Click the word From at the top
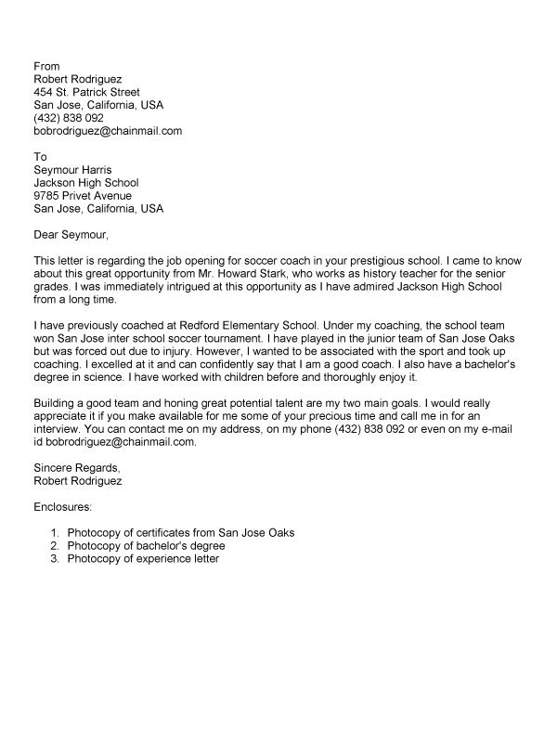(x=46, y=67)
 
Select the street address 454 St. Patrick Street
(x=86, y=93)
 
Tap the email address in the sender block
(x=108, y=132)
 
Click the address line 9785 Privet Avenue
(x=83, y=196)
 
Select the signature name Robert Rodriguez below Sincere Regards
(x=77, y=482)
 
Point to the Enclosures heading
(x=63, y=507)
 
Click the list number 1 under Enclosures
(x=55, y=533)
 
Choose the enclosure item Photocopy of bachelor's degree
(x=151, y=546)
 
